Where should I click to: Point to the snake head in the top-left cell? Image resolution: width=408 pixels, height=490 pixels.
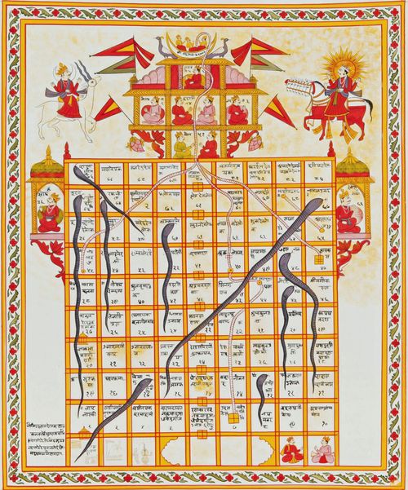pyautogui.click(x=78, y=172)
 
